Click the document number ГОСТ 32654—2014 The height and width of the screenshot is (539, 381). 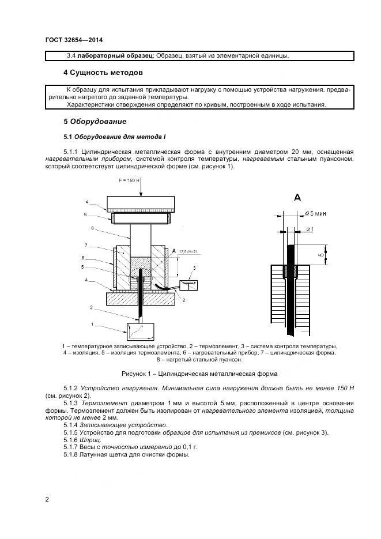69,40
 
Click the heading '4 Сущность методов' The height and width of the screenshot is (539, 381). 103,73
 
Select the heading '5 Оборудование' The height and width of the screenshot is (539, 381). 94,122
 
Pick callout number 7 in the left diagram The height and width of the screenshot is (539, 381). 86,244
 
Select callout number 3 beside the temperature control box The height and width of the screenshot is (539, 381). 195,269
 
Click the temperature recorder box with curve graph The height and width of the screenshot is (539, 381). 141,330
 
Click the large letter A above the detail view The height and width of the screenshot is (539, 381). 297,197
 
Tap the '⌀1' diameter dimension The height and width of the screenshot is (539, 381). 309,229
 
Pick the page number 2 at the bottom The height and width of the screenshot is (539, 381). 47,499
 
